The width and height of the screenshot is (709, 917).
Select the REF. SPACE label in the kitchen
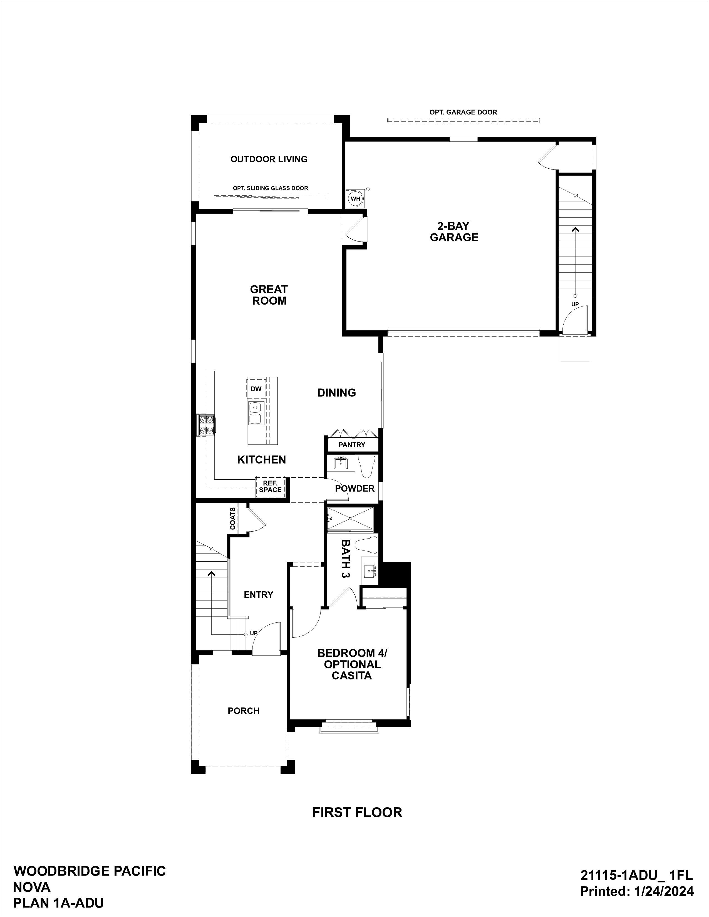270,487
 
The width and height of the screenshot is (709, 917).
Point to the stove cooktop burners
206,425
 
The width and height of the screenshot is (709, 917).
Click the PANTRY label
352,445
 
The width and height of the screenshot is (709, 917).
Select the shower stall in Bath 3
349,519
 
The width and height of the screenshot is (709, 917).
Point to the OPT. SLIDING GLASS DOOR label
271,188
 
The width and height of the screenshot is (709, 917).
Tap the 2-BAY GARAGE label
454,232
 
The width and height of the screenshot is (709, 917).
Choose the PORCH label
244,711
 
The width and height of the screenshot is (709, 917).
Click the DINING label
336,393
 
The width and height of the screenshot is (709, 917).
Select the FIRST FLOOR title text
357,813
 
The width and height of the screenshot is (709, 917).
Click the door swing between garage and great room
355,230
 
